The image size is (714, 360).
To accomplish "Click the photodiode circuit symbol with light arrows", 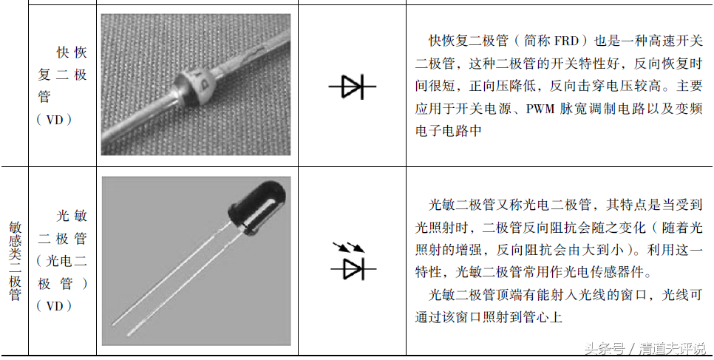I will pos(352,263).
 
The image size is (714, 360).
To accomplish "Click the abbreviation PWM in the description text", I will pos(543,109).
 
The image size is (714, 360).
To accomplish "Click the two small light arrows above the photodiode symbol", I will pos(343,245).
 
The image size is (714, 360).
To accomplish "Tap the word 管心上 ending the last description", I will pos(546,319).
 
